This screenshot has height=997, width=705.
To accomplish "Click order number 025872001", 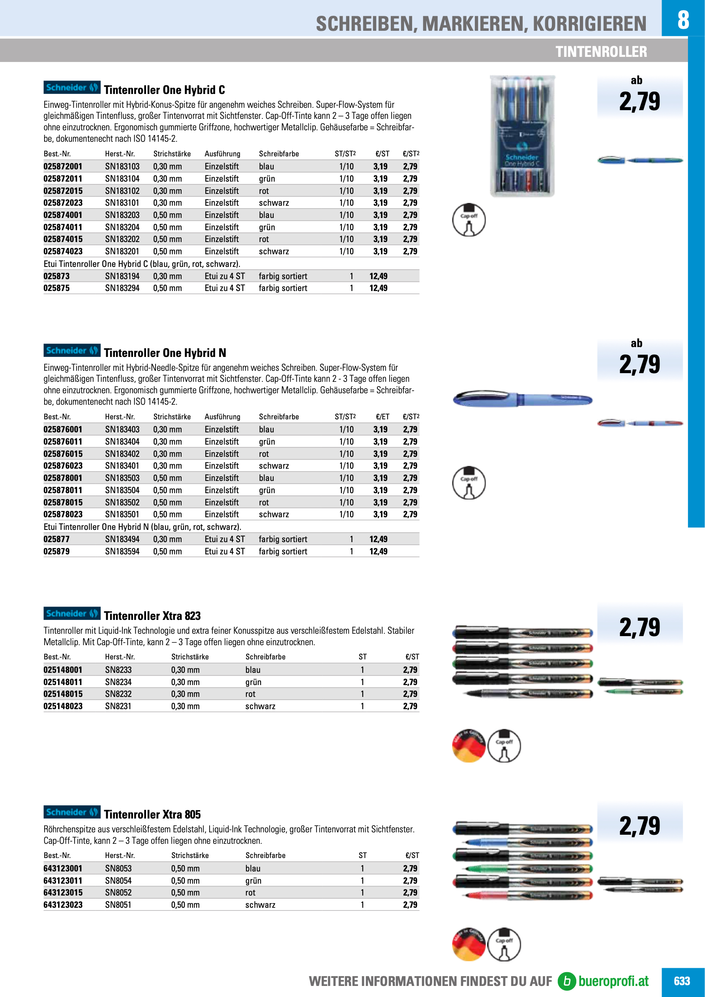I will (63, 166).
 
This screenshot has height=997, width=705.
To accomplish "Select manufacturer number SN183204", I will (122, 227).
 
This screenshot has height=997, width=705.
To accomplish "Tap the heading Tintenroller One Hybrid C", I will (165, 90).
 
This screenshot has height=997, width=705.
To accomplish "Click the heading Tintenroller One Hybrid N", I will (165, 353).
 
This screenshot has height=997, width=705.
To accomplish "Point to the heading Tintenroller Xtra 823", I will (152, 616).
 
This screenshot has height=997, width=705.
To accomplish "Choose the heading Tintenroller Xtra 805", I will (152, 814).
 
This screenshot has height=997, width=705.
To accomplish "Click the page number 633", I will (682, 981).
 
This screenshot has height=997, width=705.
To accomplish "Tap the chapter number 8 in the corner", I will (683, 19).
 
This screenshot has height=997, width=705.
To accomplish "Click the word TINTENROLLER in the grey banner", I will (601, 52).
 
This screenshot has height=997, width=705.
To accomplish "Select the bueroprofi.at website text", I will (613, 981).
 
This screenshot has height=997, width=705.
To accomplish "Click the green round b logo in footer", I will (566, 981).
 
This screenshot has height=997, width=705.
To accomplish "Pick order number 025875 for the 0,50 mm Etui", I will (56, 288).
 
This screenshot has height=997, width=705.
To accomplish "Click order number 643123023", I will (63, 905).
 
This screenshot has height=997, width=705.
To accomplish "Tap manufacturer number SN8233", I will (118, 670).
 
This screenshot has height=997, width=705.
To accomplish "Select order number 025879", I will (56, 551).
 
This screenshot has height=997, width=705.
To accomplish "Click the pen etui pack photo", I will (522, 136).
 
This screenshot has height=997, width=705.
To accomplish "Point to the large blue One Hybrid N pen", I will (522, 398).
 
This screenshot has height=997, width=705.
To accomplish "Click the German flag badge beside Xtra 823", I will (469, 745).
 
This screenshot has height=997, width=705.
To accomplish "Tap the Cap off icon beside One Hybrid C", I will (469, 220).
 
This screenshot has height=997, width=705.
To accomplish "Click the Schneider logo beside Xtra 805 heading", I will (71, 812).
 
